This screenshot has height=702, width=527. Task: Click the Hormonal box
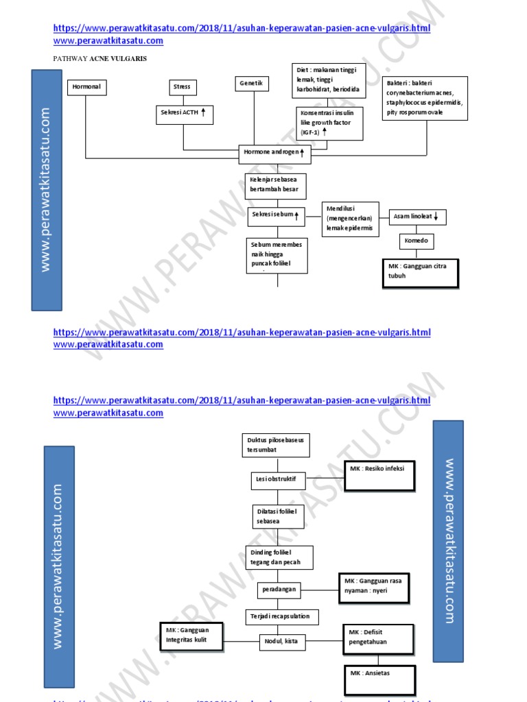(x=85, y=88)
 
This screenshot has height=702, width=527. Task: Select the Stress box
(x=183, y=87)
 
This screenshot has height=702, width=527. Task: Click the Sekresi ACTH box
(x=183, y=114)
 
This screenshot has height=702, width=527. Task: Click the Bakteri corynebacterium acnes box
(x=425, y=99)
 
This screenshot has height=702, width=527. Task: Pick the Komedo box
(x=417, y=242)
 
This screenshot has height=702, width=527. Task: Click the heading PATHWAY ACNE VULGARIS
(x=100, y=59)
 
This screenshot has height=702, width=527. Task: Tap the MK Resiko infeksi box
(x=379, y=476)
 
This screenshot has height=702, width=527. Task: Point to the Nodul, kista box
(x=281, y=642)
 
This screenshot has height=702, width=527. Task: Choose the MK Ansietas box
(x=379, y=675)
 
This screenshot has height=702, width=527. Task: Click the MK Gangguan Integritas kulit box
(x=193, y=636)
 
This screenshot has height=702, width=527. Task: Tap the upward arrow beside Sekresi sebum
(x=296, y=215)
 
